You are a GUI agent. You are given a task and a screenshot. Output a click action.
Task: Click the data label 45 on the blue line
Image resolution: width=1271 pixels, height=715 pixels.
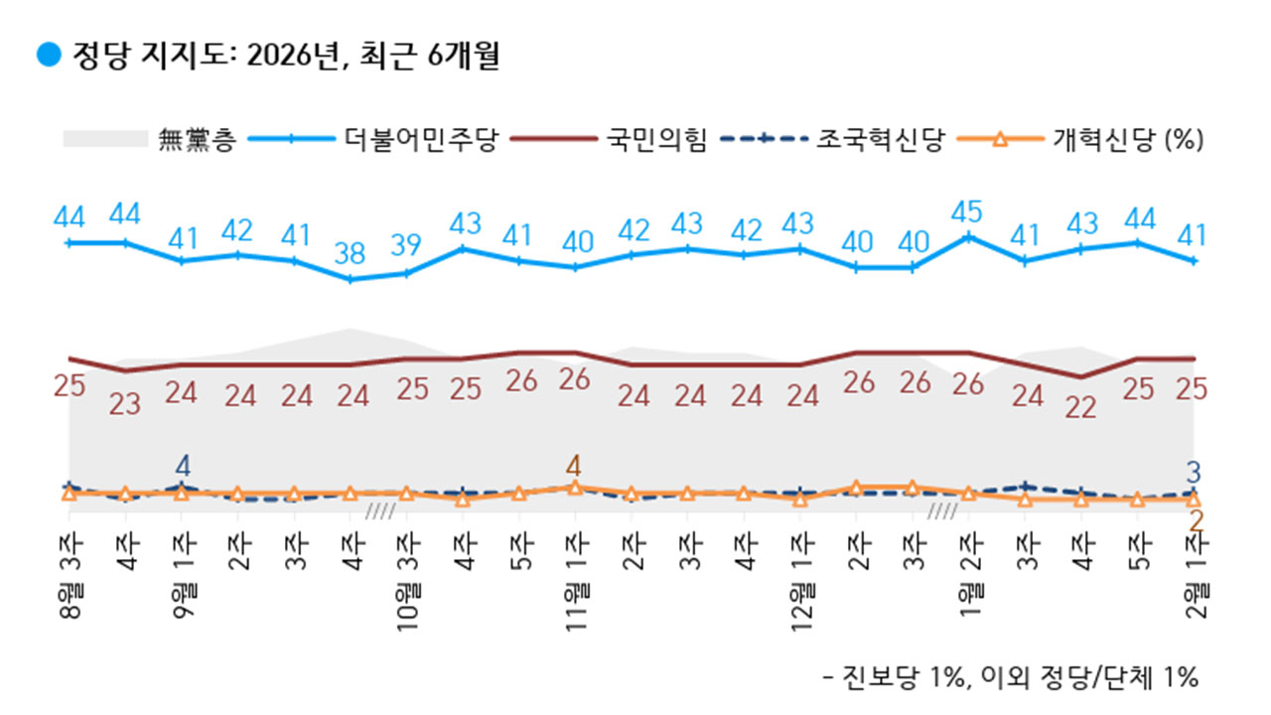pyautogui.click(x=968, y=212)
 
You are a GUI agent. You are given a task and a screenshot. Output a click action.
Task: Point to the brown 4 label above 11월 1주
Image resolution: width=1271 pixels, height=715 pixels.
pyautogui.click(x=575, y=465)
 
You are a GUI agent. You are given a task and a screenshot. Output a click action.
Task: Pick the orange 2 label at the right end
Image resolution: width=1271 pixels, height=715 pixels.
pyautogui.click(x=1197, y=521)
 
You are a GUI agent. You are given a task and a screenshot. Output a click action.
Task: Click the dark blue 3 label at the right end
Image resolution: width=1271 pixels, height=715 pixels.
pyautogui.click(x=1197, y=470)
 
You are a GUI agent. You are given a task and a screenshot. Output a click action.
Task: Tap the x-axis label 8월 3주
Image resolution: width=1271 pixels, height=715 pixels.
pyautogui.click(x=69, y=575)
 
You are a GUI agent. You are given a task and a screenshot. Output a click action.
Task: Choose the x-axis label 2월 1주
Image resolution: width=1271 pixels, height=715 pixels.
pyautogui.click(x=1195, y=575)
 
